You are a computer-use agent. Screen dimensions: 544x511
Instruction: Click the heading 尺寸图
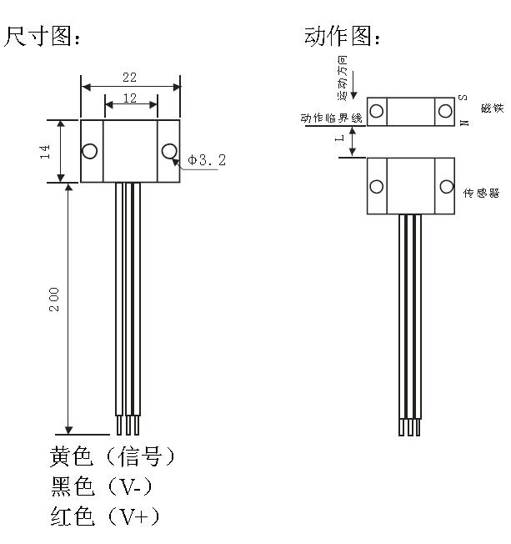[x=45, y=38]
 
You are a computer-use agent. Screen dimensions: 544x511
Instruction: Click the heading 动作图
[x=343, y=38]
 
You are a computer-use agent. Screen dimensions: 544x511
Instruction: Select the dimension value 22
[x=129, y=77]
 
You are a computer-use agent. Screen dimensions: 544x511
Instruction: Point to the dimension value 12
[x=130, y=98]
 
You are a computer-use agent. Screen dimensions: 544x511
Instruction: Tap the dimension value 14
[x=47, y=151]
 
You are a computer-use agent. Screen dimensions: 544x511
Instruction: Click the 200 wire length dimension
[x=54, y=300]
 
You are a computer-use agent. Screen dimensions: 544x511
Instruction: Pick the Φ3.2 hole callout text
[x=207, y=159]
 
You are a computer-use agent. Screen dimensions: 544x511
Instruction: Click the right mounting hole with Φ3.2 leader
[x=169, y=151]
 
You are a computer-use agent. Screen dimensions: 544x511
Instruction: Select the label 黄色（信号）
[x=113, y=457]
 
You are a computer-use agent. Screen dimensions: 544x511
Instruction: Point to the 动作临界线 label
[x=332, y=118]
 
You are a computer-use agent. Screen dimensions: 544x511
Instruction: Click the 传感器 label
[x=482, y=193]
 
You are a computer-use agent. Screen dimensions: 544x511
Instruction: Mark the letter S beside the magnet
[x=463, y=99]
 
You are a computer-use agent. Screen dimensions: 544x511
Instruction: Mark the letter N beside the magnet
[x=463, y=121]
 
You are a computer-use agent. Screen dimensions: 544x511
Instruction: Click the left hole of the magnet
[x=378, y=111]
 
